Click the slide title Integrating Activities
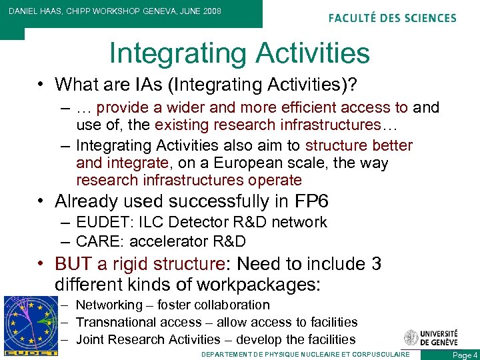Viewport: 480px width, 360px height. point(239,53)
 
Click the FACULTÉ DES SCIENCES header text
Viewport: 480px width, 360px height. point(392,18)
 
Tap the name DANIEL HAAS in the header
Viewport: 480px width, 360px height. point(33,11)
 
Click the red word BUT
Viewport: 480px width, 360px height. point(74,264)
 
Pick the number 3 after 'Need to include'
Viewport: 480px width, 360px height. point(376,264)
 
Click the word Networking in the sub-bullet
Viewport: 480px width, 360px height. point(109,305)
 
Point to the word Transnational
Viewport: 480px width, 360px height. point(119,323)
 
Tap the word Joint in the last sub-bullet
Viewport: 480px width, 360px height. point(90,339)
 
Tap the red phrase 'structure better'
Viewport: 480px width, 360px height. point(359,146)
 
